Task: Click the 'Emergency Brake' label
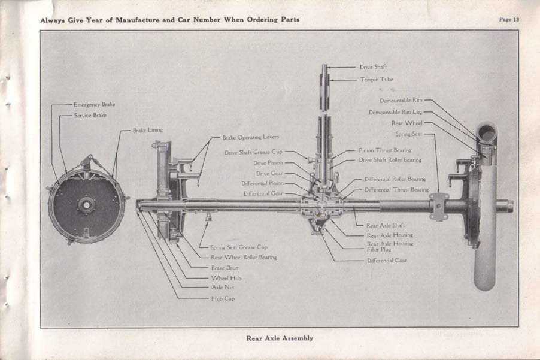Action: point(94,104)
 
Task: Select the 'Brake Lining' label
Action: point(147,130)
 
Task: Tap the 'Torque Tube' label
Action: point(376,79)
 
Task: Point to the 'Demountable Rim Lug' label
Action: point(396,112)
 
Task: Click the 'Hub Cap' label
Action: point(222,298)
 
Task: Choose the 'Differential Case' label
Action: point(389,261)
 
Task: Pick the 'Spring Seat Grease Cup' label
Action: point(238,247)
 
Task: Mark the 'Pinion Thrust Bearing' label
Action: point(385,150)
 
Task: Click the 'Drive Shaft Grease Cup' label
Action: point(253,153)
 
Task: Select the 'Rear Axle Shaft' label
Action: point(386,225)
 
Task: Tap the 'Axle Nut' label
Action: point(222,288)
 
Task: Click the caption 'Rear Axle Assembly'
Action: point(280,338)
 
